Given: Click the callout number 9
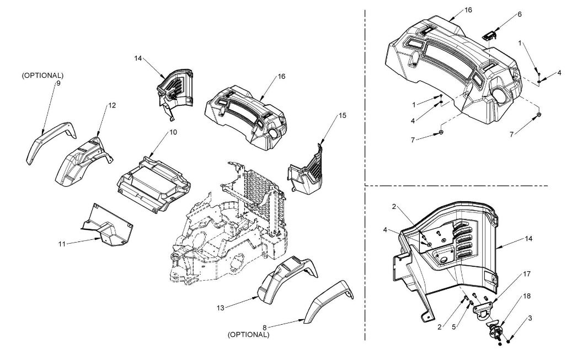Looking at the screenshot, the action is click(x=58, y=83).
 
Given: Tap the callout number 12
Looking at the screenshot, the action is click(x=112, y=105).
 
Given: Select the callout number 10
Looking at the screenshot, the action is click(x=173, y=132).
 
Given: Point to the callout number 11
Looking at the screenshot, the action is click(x=62, y=244).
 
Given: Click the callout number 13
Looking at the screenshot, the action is click(x=221, y=308).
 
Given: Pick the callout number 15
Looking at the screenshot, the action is click(x=342, y=115).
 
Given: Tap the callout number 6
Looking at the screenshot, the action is click(x=519, y=14).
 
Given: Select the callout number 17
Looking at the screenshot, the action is click(x=527, y=274).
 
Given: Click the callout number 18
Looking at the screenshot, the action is click(x=527, y=296).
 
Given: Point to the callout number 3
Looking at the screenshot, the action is click(x=529, y=318).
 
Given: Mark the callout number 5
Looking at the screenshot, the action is click(x=454, y=326).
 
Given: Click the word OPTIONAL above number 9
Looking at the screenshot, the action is click(x=42, y=76).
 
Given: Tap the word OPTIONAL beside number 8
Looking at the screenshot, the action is click(x=248, y=335).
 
